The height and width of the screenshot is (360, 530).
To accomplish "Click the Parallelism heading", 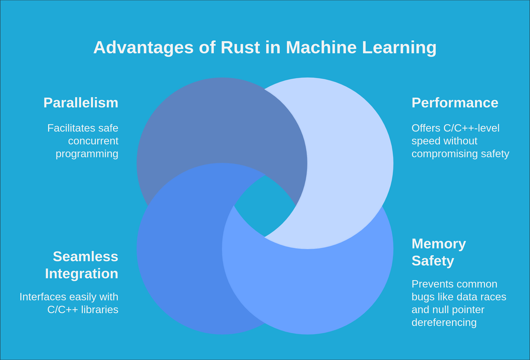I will pos(81,103).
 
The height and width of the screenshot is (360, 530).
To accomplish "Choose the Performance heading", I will pos(454,103).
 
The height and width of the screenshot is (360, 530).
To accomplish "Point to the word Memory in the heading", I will pos(438,243).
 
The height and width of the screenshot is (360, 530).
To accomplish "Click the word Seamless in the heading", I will pos(85,256).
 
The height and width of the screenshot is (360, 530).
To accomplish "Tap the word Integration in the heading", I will pos(81,273).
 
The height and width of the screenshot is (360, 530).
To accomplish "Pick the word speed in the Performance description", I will pos(425,141).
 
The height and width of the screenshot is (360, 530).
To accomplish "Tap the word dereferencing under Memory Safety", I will pos(444,323).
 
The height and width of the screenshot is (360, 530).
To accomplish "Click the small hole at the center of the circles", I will pos(265,206).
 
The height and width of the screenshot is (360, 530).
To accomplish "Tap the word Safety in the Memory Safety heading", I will pos(433,261).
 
